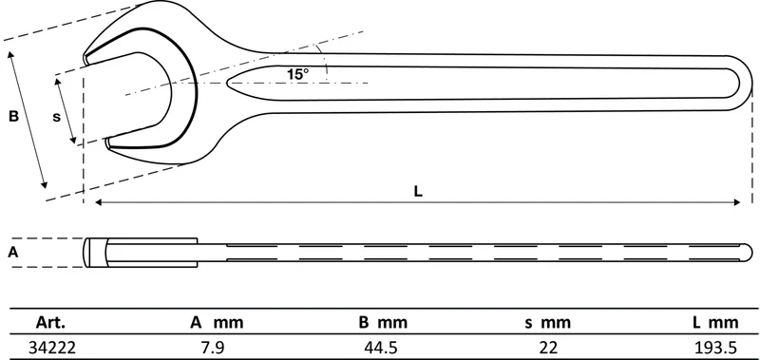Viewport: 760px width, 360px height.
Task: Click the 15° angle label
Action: coord(297,74)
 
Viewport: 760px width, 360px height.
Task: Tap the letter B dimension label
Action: coord(13,116)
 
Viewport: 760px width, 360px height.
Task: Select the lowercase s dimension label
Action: coord(57,117)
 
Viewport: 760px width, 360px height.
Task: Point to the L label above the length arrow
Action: coord(418,191)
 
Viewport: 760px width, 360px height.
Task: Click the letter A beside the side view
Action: coord(13,252)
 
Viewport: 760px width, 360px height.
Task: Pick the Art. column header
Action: coord(50,322)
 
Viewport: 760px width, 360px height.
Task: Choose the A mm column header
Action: coord(217,322)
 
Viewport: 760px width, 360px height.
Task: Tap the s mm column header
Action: coord(547,322)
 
